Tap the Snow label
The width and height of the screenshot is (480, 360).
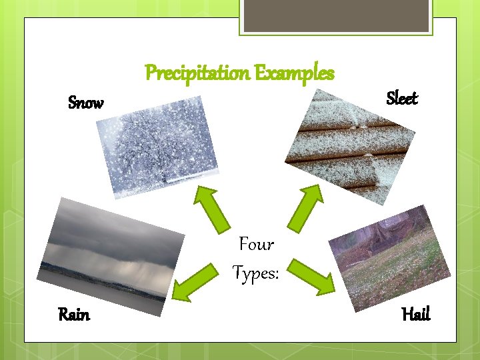pos(86,103)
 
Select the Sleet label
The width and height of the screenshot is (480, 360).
pos(402,99)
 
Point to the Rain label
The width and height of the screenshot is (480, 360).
pos(74,314)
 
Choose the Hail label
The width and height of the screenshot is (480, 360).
pos(416,314)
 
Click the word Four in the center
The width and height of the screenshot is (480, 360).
pos(256,245)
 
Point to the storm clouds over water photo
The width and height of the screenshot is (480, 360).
pos(110,257)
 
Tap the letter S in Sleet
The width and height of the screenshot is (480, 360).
pos(391,99)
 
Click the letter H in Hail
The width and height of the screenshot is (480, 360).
pos(407,314)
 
